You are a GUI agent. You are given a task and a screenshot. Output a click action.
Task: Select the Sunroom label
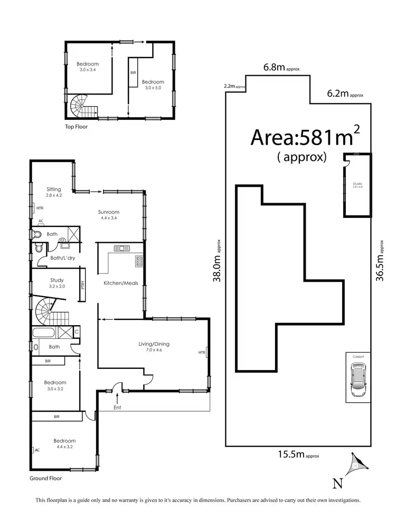(x=109, y=213)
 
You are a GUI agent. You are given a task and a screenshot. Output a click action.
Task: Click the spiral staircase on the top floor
(x=82, y=106)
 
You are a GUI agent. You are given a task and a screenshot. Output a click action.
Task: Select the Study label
(x=57, y=280)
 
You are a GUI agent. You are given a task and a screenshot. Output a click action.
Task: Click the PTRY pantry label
(x=82, y=285)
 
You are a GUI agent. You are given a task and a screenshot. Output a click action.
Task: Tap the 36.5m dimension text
(x=380, y=262)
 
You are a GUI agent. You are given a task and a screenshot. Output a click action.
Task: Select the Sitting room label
(x=53, y=189)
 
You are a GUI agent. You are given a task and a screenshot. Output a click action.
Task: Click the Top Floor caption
(x=76, y=127)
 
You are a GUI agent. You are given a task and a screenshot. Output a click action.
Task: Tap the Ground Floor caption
(x=46, y=478)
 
